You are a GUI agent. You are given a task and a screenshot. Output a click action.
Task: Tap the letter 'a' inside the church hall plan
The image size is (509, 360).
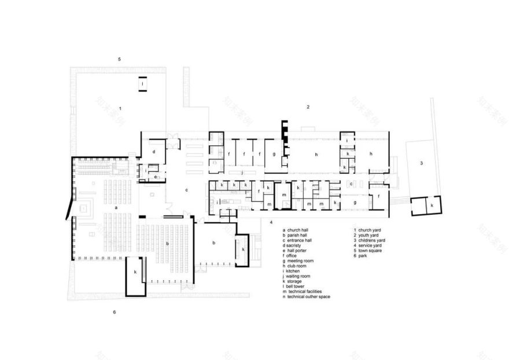click(x=116, y=206)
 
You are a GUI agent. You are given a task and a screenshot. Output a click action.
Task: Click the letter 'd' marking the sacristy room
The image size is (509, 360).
click(x=154, y=152)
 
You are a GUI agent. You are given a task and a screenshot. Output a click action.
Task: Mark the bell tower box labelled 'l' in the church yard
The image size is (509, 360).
click(x=142, y=85)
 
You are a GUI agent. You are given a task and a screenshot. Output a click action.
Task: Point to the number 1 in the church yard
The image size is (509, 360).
click(x=120, y=108)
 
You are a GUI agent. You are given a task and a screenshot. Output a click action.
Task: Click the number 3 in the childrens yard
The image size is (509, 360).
click(x=421, y=164)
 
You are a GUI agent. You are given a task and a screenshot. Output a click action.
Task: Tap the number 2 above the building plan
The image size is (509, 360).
click(x=308, y=107)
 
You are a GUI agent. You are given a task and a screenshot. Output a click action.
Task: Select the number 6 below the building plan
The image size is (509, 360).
click(x=115, y=313)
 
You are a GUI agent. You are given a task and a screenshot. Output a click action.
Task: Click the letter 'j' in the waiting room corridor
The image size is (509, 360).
click(x=242, y=172)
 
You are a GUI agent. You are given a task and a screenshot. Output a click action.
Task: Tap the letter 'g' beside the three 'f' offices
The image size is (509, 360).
click(x=274, y=155)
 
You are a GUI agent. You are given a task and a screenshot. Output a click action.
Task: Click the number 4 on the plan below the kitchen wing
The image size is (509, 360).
click(x=271, y=222)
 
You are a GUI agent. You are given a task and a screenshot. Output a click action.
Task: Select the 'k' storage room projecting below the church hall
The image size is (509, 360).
click(x=135, y=271)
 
